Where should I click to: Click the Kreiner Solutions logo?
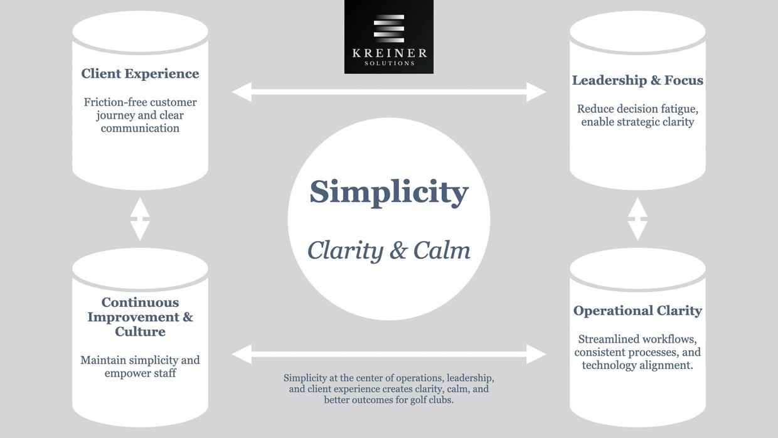click(388, 36)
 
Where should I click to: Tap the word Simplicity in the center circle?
click(388, 191)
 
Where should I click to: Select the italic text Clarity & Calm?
click(388, 250)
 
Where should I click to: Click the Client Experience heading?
click(140, 74)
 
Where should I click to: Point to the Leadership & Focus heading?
click(637, 80)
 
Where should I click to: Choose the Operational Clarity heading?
click(637, 311)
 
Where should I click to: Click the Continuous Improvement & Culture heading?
click(140, 317)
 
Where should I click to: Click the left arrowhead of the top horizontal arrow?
click(242, 92)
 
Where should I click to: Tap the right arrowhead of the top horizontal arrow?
click(536, 92)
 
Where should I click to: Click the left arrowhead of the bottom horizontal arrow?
click(242, 354)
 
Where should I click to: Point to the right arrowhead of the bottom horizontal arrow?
click(536, 354)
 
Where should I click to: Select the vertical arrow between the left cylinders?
click(139, 219)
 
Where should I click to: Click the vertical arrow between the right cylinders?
click(637, 219)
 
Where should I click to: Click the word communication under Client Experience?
click(140, 128)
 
